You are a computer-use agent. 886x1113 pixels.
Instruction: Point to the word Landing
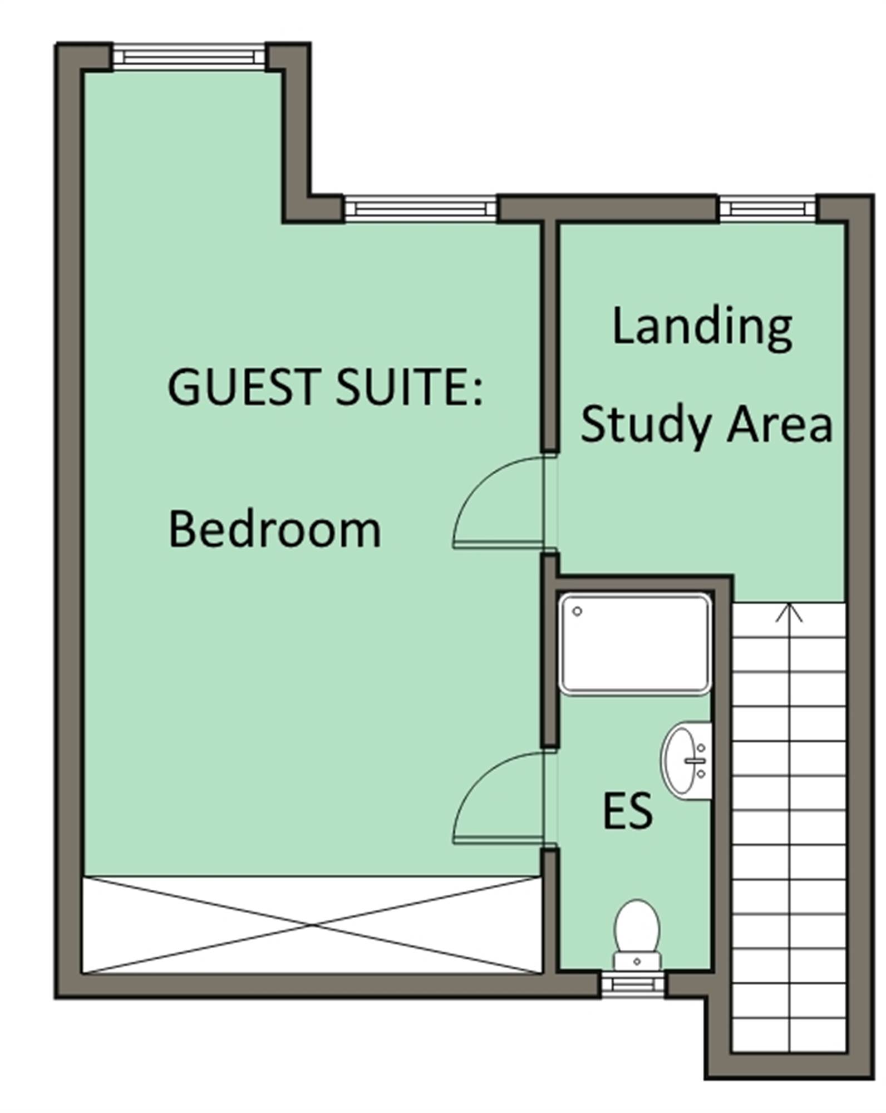point(702,329)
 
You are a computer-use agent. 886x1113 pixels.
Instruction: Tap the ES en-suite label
point(627,811)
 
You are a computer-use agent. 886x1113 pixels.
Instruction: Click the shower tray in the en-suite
point(635,644)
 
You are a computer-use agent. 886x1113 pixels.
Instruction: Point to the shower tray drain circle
point(577,611)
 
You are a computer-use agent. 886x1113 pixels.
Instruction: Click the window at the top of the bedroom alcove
point(190,57)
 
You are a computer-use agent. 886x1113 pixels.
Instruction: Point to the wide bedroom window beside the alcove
point(420,209)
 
